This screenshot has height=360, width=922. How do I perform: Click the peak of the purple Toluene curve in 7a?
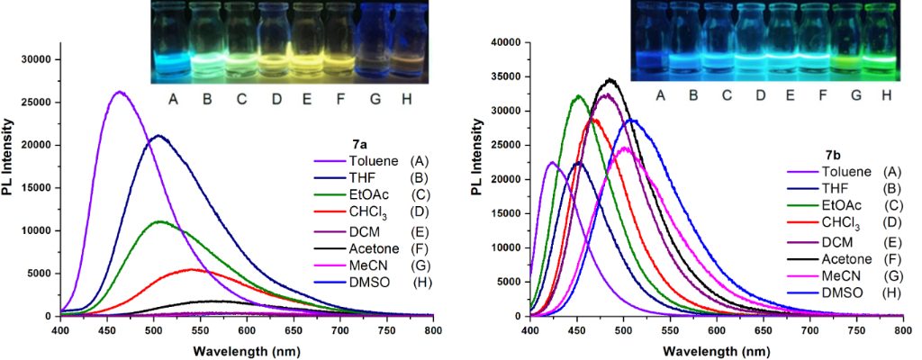tap(119, 92)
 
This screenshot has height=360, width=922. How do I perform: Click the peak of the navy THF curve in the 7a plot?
tap(158, 136)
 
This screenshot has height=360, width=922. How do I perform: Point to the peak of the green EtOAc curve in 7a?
tap(159, 221)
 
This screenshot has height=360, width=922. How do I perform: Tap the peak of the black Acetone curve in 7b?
tap(610, 79)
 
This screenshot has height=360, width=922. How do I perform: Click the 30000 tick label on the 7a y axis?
tap(35, 59)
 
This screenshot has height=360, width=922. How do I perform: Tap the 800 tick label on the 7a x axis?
tap(433, 331)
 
